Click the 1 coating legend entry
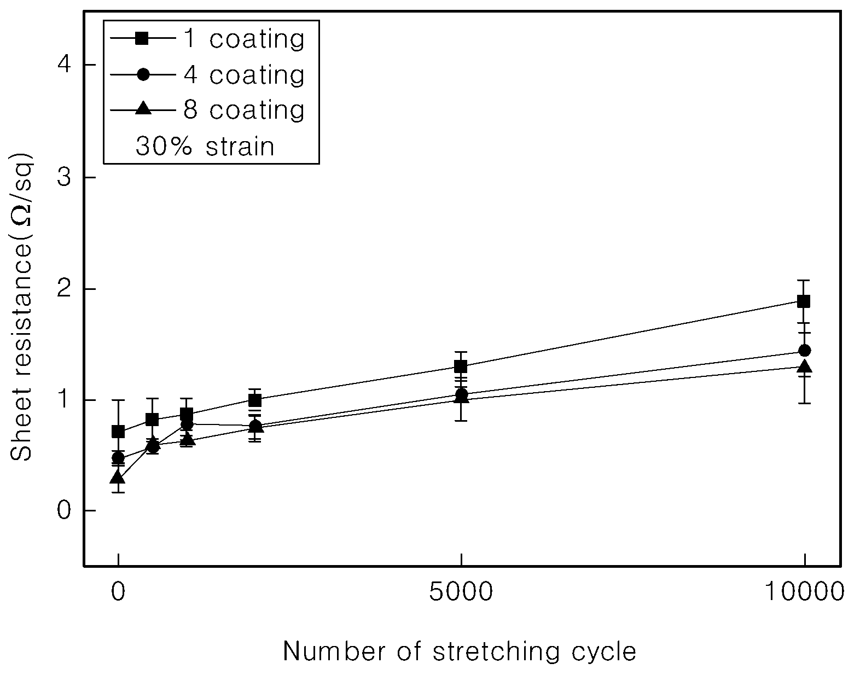tap(207, 39)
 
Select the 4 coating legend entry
tap(207, 74)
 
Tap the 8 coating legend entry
tap(207, 109)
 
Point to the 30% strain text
tap(205, 146)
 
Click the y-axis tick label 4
tap(64, 64)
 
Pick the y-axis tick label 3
tap(64, 177)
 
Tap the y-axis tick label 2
tap(64, 289)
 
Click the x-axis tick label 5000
tap(461, 592)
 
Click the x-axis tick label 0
tap(118, 592)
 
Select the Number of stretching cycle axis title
tap(460, 651)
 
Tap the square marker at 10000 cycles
tap(804, 301)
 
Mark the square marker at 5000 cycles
tap(461, 366)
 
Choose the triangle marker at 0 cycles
tap(118, 478)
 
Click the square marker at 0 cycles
tap(118, 432)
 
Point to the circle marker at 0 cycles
tap(118, 458)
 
